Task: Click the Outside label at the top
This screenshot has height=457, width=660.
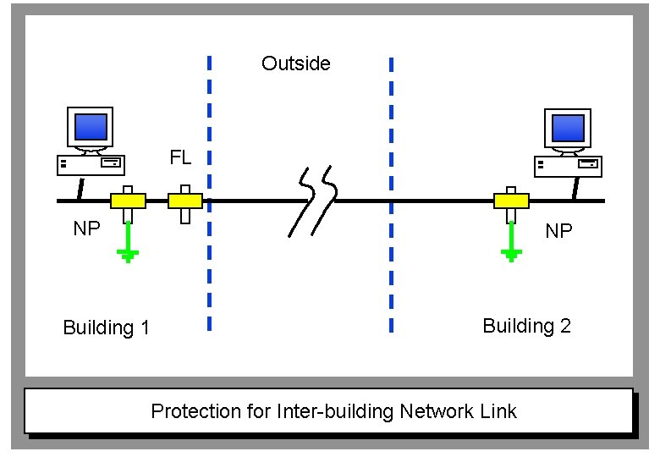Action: click(295, 63)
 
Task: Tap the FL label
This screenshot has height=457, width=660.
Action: click(181, 158)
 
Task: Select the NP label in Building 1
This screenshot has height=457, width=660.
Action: click(87, 229)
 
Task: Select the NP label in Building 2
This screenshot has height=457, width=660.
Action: click(558, 231)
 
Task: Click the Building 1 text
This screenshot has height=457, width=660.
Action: click(106, 328)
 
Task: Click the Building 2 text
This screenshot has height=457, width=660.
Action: click(526, 326)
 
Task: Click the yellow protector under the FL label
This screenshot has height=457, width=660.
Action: click(185, 201)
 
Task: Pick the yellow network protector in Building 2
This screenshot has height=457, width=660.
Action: click(511, 201)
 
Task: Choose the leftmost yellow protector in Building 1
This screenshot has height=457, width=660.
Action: click(128, 201)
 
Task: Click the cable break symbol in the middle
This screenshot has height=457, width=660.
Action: click(313, 201)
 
